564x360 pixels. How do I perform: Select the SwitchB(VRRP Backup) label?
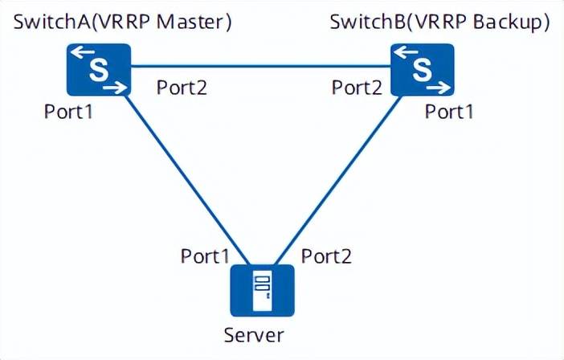440,22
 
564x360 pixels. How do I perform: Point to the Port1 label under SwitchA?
68,112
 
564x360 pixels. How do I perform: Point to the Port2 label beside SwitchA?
182,87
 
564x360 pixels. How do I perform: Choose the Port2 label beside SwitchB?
358,87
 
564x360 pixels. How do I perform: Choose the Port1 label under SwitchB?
449,112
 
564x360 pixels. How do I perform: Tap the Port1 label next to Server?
206,256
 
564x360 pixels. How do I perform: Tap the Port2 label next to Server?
325,256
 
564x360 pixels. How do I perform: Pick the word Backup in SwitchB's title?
509,22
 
